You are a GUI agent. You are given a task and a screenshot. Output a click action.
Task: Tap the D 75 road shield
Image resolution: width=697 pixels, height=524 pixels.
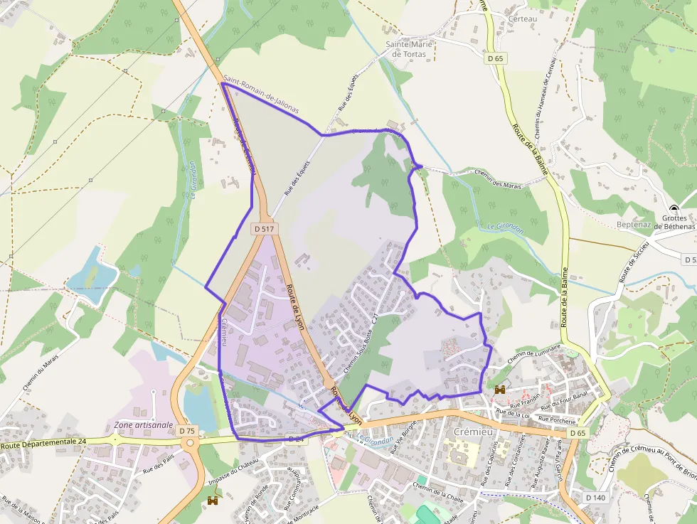coord(187,431)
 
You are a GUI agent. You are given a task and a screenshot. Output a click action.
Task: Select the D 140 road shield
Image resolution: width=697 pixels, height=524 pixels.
coord(594,497)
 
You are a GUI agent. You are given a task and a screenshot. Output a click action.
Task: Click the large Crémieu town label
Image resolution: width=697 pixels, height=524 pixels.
coord(474,432)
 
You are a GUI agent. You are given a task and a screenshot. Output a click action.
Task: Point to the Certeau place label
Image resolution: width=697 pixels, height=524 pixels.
coord(523,18)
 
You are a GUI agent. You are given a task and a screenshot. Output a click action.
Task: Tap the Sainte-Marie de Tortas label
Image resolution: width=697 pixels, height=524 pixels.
coord(410,48)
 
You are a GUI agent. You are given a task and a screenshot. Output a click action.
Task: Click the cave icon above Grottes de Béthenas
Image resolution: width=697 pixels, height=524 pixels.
coord(674,209)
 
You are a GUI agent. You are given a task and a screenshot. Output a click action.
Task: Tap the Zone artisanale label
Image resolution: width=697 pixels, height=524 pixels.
coord(144,424)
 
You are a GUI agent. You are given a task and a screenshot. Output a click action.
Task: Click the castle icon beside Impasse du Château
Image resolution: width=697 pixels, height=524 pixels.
coord(212,501)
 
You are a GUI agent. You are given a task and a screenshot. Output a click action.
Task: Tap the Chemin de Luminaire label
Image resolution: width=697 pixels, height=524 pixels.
coord(535,353)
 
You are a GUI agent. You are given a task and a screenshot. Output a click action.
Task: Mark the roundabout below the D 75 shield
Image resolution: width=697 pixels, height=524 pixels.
coord(190,444)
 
